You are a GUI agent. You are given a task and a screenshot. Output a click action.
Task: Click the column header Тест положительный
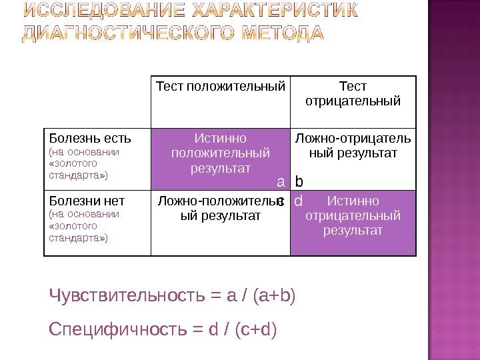pyautogui.click(x=221, y=87)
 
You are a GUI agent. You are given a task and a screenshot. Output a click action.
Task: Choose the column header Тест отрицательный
pyautogui.click(x=353, y=94)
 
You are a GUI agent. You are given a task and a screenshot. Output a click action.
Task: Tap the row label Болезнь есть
pyautogui.click(x=89, y=139)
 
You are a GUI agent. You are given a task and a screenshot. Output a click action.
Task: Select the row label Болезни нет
pyautogui.click(x=87, y=201)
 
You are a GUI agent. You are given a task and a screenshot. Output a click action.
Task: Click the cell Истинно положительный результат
pyautogui.click(x=221, y=153)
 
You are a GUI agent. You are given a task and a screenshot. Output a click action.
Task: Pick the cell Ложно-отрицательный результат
pyautogui.click(x=353, y=146)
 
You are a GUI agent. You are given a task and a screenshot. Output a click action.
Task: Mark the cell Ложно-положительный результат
pyautogui.click(x=221, y=208)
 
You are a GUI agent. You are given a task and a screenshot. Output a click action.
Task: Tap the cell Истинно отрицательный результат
pyautogui.click(x=353, y=215)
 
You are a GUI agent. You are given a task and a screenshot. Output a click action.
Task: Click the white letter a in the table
pyautogui.click(x=281, y=181)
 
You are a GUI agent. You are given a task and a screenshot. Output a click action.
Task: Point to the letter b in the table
pyautogui.click(x=299, y=181)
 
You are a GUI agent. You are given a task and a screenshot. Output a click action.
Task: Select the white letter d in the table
pyautogui.click(x=298, y=201)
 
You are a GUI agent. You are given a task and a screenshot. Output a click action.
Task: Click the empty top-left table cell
pyautogui.click(x=97, y=102)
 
